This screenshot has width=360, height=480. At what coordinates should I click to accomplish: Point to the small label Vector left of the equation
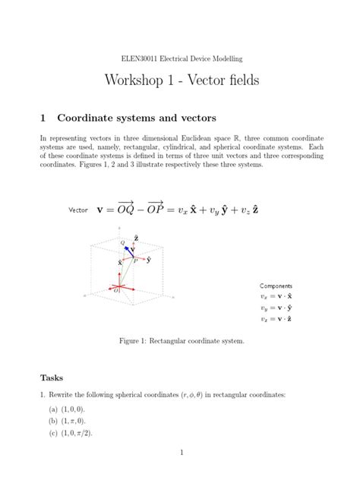(x=78, y=208)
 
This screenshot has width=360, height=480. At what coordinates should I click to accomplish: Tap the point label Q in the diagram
(x=122, y=242)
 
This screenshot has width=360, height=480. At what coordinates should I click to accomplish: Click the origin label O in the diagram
(x=116, y=291)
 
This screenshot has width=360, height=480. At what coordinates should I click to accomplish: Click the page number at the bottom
(x=180, y=453)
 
